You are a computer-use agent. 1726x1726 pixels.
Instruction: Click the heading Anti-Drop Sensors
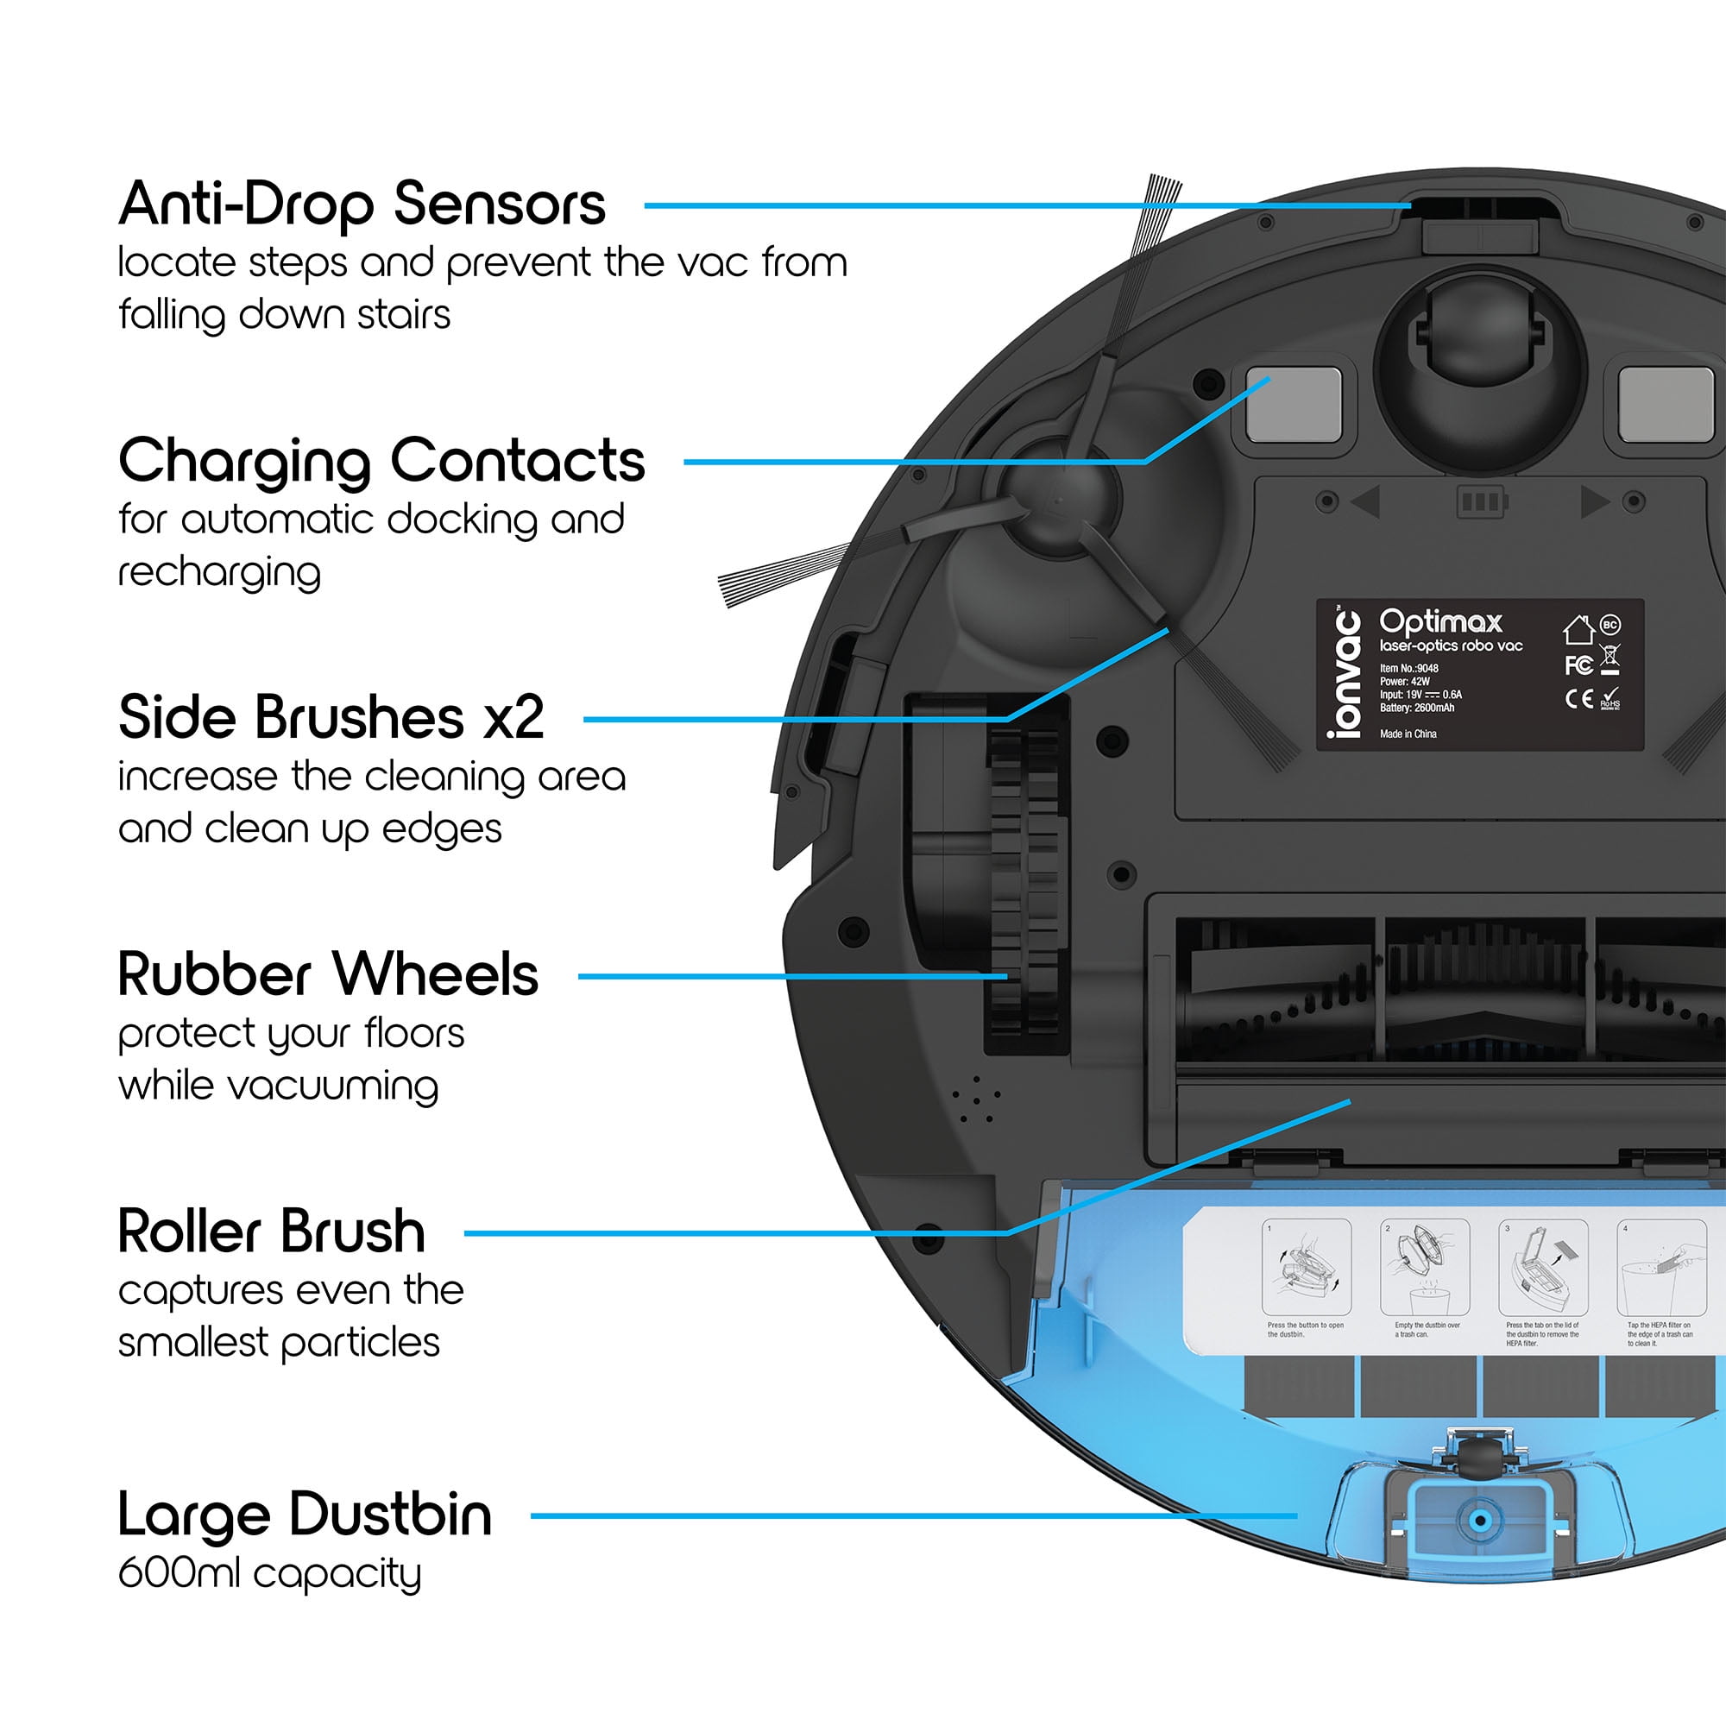point(362,205)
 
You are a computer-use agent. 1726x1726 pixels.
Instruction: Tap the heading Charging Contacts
point(381,461)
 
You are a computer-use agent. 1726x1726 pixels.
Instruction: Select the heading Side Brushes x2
point(331,717)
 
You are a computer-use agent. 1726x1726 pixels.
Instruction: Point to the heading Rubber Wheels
point(328,973)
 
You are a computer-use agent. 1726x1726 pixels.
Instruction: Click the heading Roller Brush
point(272,1232)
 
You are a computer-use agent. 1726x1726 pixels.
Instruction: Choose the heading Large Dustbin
point(305,1515)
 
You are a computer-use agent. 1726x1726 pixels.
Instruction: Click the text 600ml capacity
point(269,1573)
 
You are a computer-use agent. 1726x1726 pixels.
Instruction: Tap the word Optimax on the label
point(1440,620)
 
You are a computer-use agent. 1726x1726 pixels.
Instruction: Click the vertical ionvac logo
point(1345,674)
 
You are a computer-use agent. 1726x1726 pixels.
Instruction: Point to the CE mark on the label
point(1578,699)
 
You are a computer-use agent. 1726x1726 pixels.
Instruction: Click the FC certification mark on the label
point(1578,665)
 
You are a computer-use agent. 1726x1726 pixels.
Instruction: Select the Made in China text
point(1408,734)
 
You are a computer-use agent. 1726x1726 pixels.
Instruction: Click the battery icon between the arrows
point(1480,501)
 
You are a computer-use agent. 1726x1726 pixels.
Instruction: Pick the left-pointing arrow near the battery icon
point(1367,501)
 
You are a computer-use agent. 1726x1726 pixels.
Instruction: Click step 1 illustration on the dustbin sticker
point(1306,1267)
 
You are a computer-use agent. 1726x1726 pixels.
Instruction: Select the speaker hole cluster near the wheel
point(975,1099)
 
